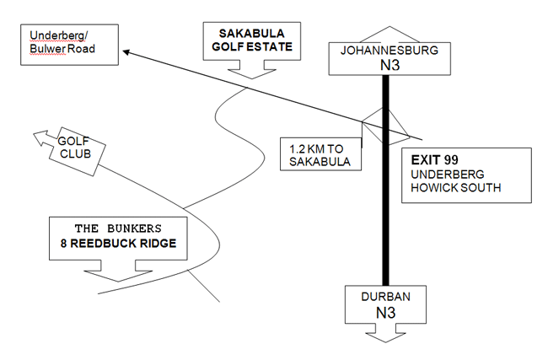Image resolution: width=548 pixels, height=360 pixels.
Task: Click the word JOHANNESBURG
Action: (x=390, y=51)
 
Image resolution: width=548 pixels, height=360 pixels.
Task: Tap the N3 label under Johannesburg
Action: (x=390, y=66)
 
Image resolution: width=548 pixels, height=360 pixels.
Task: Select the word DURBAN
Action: (x=385, y=297)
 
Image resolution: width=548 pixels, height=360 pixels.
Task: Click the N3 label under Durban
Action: (x=385, y=313)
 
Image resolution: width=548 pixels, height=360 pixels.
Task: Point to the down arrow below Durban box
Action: (x=386, y=333)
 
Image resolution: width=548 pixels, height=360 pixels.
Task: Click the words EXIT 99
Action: (x=434, y=160)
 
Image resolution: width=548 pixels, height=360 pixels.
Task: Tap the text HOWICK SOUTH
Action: (x=456, y=188)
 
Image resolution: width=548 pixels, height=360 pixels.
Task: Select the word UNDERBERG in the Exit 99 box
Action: (x=448, y=174)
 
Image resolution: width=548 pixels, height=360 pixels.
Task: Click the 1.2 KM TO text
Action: (x=316, y=149)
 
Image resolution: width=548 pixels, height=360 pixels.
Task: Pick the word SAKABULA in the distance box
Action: (x=320, y=162)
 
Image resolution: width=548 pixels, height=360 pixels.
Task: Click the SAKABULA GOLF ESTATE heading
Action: (x=252, y=40)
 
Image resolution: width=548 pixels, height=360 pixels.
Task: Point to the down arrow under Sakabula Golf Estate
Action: (x=252, y=69)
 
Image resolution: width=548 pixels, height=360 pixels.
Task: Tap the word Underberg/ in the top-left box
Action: (x=59, y=35)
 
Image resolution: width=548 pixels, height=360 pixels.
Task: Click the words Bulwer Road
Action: (x=62, y=49)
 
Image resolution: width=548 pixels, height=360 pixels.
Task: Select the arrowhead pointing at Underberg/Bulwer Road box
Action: (x=126, y=52)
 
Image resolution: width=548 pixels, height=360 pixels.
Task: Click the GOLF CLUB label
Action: (x=74, y=148)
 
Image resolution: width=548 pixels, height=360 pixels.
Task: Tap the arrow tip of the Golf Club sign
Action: (x=34, y=134)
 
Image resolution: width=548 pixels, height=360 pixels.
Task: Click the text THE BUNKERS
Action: (x=118, y=228)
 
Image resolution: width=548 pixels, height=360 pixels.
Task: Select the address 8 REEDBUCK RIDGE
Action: (x=118, y=244)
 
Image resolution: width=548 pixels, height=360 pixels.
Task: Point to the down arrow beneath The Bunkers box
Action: (x=118, y=271)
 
